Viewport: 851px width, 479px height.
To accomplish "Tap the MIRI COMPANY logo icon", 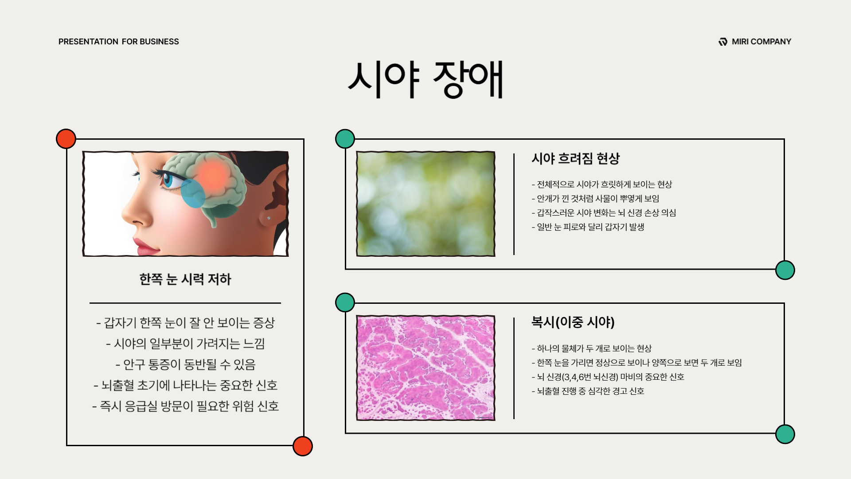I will (x=723, y=42).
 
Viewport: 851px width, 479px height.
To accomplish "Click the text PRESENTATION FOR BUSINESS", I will (x=119, y=42).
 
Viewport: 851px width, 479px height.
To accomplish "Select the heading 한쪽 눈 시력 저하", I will (x=185, y=279).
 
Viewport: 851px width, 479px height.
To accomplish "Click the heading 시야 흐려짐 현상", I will (x=575, y=158).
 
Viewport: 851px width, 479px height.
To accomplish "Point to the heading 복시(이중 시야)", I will (x=573, y=322).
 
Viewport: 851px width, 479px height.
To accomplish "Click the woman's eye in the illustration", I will (x=168, y=180).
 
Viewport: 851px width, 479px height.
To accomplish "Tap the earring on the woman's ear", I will (x=269, y=218).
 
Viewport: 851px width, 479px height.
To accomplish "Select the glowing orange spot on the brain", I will (x=213, y=173).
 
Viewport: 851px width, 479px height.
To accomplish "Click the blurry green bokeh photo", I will (x=425, y=204).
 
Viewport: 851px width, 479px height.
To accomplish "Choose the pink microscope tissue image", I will (x=425, y=368).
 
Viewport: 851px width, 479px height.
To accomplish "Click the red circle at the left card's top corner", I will (x=66, y=139).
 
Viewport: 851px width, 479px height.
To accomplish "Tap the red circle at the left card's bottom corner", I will (x=303, y=446).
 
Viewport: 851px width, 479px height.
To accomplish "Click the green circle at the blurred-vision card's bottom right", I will (x=785, y=270).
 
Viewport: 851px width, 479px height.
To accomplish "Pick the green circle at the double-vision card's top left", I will (x=345, y=302).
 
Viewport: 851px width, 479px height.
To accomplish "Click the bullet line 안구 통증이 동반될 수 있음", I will (x=185, y=365).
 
